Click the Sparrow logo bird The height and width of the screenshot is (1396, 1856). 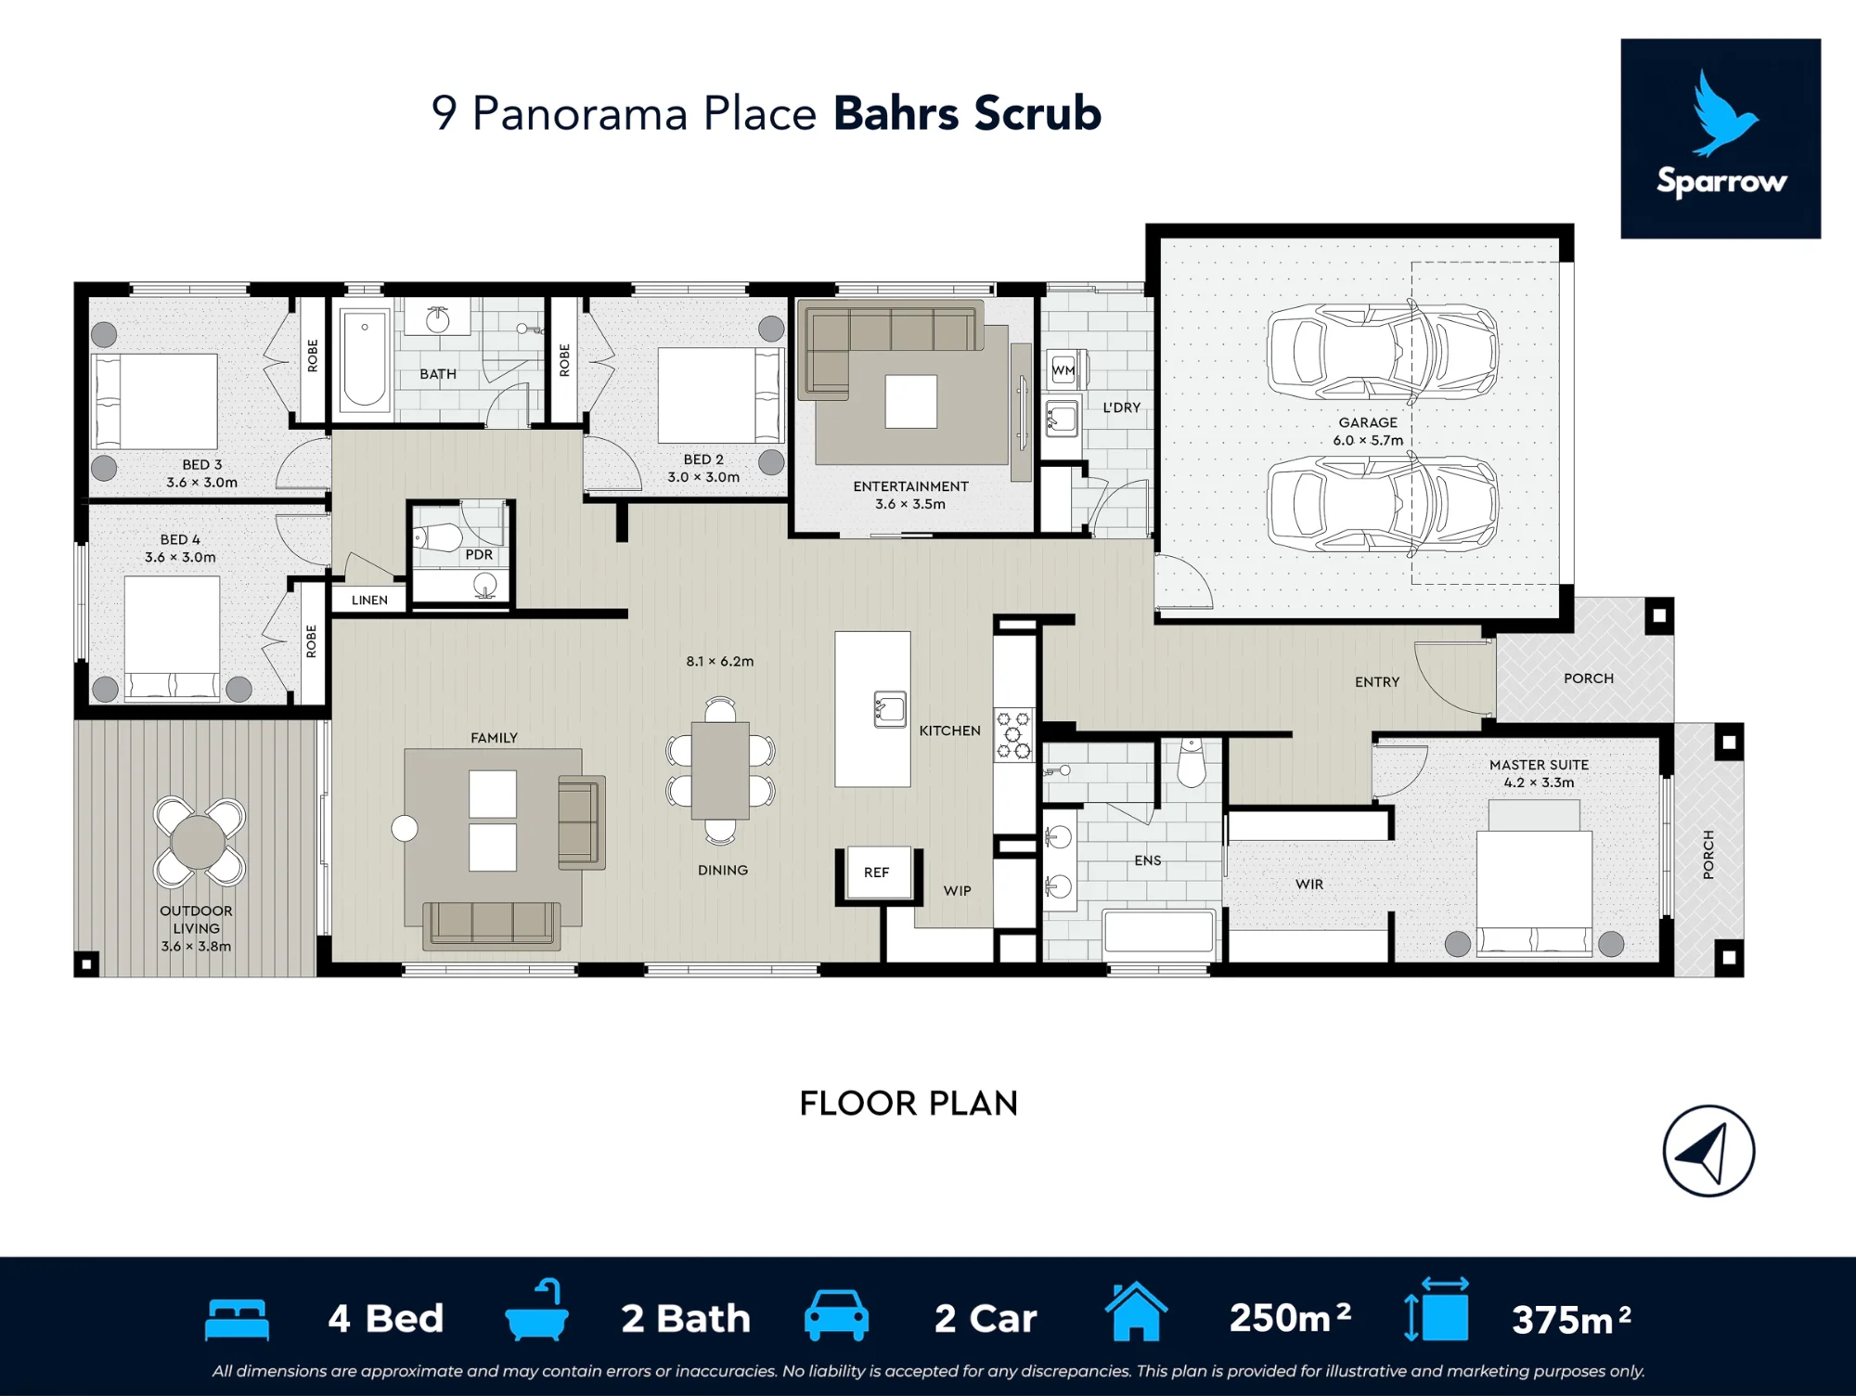[1722, 113]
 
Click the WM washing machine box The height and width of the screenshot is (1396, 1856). [1063, 370]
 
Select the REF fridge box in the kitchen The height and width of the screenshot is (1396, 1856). [877, 872]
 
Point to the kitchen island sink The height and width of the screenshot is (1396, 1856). [889, 709]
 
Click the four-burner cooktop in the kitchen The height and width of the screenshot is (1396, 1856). [1012, 735]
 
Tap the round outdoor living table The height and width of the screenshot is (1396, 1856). [199, 842]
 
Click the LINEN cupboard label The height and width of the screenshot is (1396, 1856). [369, 601]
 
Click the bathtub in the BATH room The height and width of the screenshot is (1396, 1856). [364, 360]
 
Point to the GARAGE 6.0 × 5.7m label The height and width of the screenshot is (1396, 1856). [1368, 432]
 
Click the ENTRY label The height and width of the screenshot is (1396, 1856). [1377, 682]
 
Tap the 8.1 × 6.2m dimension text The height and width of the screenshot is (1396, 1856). [720, 662]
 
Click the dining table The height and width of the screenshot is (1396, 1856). [720, 770]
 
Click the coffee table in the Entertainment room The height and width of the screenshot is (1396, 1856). [911, 401]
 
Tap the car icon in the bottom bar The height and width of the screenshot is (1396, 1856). [836, 1315]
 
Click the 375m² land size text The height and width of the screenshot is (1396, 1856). [1571, 1319]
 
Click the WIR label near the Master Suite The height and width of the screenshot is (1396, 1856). [1309, 885]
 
